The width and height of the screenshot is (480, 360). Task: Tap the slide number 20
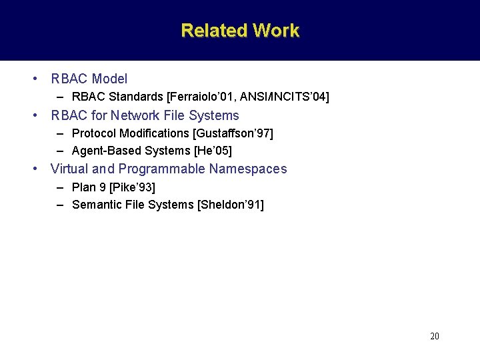[435, 336]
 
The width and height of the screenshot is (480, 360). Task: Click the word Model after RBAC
[109, 79]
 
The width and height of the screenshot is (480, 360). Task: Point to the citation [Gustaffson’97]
[233, 133]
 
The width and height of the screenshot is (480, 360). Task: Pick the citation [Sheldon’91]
[231, 205]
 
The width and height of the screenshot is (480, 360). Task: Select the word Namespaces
[248, 169]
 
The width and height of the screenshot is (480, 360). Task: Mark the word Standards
[135, 97]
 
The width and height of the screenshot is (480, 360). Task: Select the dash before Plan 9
[60, 187]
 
